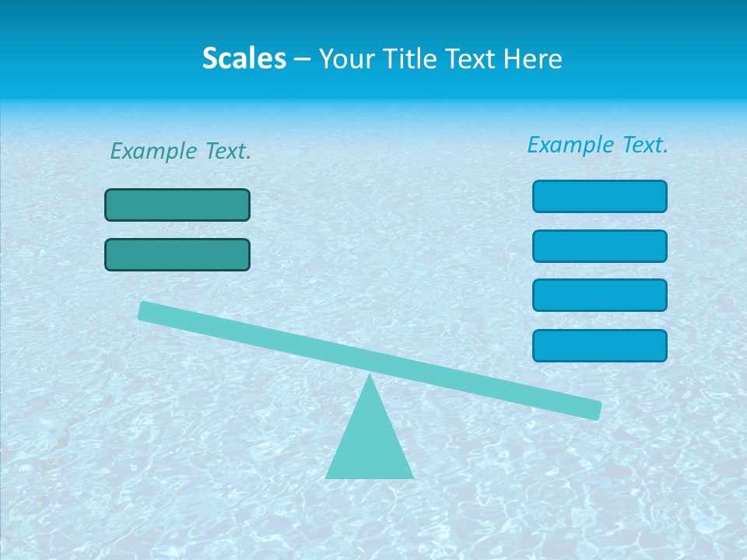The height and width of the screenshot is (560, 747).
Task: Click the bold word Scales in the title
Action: [x=244, y=59]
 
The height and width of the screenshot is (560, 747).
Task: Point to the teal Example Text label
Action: [x=181, y=152]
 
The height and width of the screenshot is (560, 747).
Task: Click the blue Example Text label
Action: [x=598, y=145]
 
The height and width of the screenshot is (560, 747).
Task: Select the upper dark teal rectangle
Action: [x=177, y=205]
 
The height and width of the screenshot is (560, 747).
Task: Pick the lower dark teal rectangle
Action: [x=177, y=254]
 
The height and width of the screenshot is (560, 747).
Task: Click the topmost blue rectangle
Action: [x=600, y=196]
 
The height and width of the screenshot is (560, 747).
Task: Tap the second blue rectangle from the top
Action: [x=600, y=246]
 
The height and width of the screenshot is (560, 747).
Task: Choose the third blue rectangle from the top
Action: [x=600, y=296]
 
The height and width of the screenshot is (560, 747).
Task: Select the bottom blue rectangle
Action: [x=600, y=345]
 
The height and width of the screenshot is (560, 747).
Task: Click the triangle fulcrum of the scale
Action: [x=370, y=443]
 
